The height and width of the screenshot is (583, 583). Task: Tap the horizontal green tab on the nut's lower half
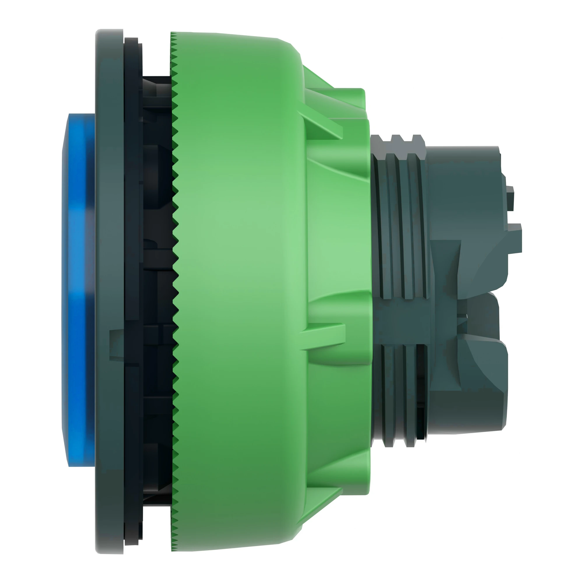(323, 336)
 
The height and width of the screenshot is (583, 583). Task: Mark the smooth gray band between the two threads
(401, 321)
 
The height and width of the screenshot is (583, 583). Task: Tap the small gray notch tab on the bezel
(116, 344)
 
